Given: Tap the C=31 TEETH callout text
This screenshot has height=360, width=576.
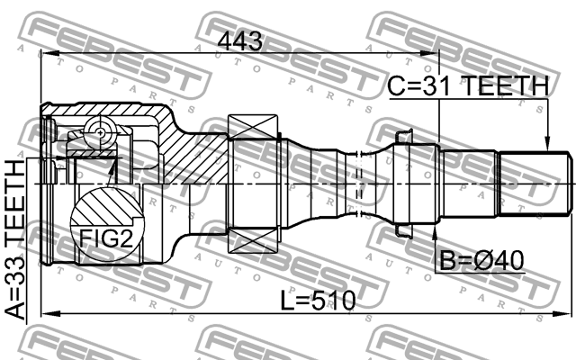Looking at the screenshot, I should click(x=467, y=86).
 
